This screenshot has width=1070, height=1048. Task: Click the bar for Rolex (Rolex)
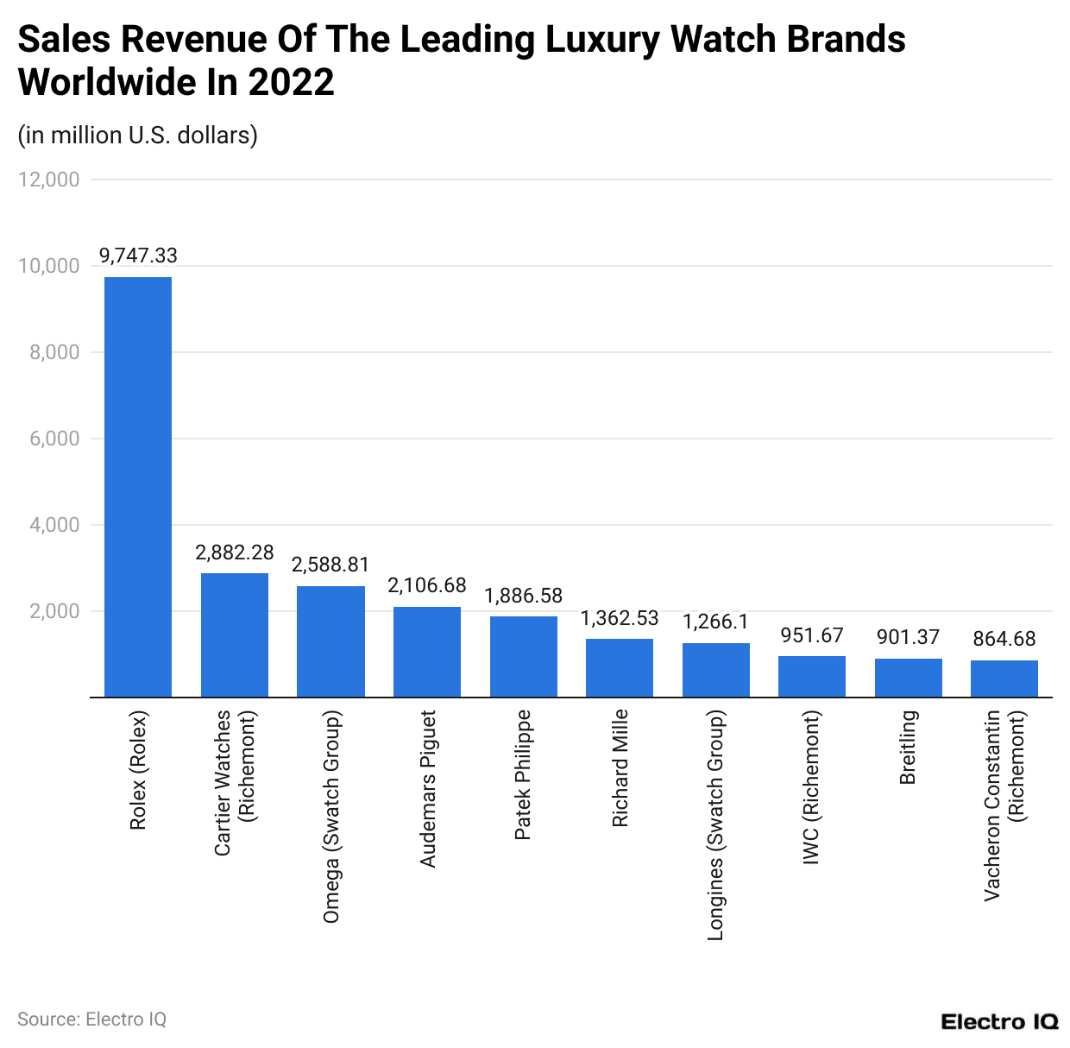138,487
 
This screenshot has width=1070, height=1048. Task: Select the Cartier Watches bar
235,634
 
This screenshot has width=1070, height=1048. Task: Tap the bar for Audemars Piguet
427,652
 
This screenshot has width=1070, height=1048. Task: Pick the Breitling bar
908,678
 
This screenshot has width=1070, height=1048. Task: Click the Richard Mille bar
620,667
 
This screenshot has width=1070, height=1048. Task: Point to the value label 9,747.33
138,256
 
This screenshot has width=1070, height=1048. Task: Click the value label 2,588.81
330,565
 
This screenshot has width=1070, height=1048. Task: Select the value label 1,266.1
715,622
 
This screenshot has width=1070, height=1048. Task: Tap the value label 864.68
1004,639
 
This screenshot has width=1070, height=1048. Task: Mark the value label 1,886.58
523,596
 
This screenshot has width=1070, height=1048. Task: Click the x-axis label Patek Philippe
523,775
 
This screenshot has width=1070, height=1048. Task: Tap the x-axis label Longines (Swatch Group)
715,824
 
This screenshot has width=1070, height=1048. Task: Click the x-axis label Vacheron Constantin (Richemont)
1004,805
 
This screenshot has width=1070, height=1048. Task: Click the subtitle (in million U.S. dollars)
138,136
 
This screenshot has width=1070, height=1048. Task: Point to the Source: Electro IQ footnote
91,1020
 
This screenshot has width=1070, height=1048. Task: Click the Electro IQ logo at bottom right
999,1022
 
